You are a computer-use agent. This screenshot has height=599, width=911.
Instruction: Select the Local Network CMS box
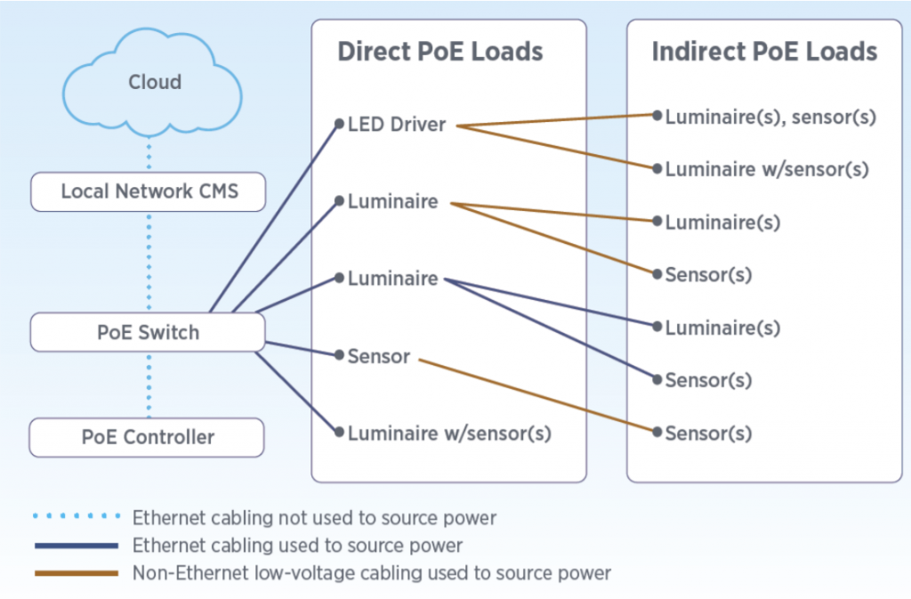tap(148, 191)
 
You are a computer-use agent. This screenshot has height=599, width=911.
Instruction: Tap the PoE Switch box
tap(148, 333)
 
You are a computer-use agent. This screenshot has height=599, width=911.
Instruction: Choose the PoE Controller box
tap(148, 437)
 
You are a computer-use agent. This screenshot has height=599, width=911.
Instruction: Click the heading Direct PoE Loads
tap(439, 52)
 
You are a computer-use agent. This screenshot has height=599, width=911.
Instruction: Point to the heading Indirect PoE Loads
tap(764, 52)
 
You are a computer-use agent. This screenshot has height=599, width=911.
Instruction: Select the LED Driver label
tap(397, 125)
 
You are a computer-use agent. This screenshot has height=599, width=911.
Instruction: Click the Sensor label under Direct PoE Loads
tap(379, 357)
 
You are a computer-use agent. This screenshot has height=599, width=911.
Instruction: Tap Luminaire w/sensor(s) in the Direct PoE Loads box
tap(449, 433)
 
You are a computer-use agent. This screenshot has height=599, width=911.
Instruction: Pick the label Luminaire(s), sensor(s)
tap(771, 117)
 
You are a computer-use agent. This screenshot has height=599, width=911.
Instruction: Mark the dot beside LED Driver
tap(339, 125)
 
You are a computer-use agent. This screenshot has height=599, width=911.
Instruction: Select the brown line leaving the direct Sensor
tap(534, 395)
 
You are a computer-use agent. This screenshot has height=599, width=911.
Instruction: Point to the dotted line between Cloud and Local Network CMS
tap(149, 155)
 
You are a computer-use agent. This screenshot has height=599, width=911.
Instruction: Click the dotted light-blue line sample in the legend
tap(76, 516)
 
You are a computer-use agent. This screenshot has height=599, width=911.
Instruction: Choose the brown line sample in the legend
tap(76, 573)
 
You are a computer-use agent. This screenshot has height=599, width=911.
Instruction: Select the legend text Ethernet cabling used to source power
tap(297, 545)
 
